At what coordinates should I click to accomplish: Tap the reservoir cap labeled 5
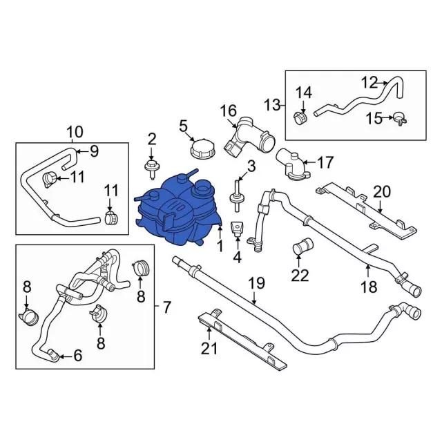[202, 150]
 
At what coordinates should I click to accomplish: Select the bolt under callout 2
[152, 169]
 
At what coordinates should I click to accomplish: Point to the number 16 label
[228, 111]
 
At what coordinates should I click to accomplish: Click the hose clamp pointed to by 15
[400, 118]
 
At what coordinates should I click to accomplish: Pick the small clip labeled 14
[300, 118]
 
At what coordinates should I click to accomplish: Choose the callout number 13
[273, 105]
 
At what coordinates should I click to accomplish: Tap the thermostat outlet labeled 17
[293, 166]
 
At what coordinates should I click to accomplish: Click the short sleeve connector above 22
[303, 245]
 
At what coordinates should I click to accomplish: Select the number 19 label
[257, 283]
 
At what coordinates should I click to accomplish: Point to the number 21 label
[209, 348]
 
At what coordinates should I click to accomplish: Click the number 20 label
[382, 192]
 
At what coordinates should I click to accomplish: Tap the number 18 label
[369, 287]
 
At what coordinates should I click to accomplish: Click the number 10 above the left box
[75, 132]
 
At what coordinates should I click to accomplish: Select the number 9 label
[94, 151]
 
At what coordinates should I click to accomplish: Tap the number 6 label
[77, 356]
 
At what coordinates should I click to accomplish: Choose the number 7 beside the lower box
[167, 307]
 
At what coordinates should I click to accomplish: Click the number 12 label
[369, 83]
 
